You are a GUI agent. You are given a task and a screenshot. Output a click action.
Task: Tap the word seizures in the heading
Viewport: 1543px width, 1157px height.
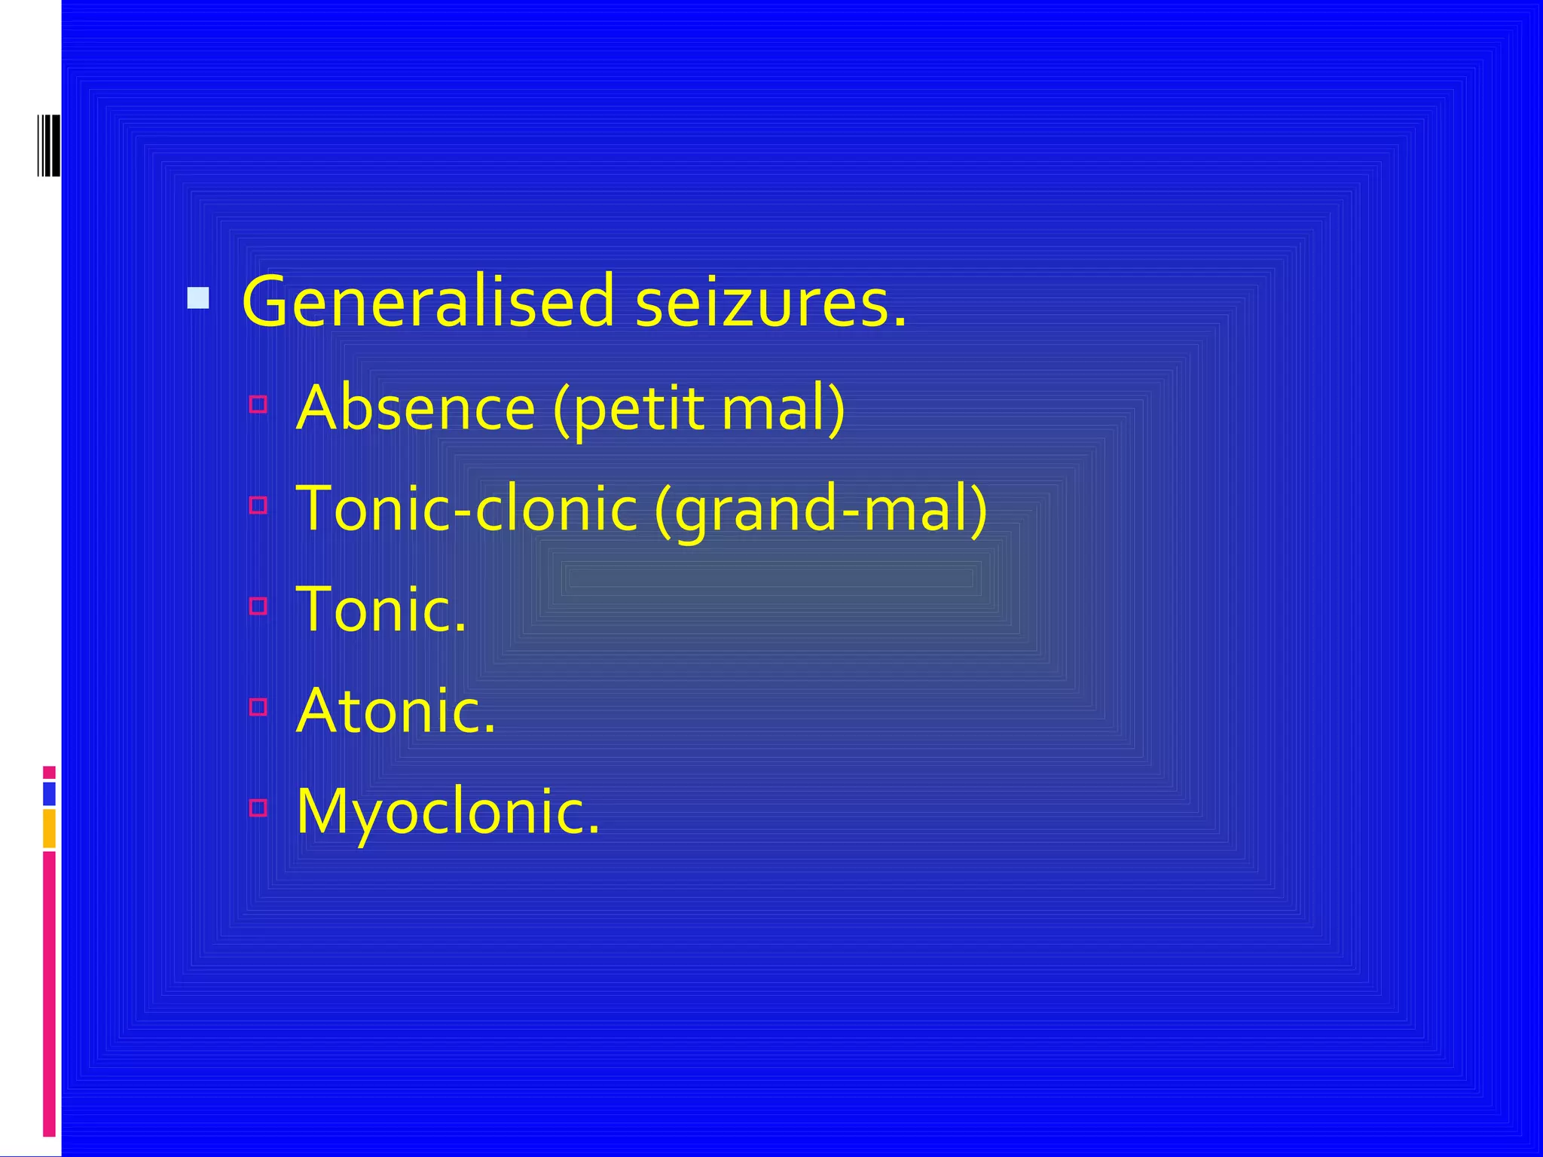[770, 302]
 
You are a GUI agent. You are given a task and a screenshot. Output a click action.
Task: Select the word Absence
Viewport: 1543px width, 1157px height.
[416, 408]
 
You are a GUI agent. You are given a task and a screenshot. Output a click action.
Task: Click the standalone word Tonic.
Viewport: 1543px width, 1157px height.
[381, 609]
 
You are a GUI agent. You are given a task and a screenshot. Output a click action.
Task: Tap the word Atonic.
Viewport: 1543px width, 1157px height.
[396, 710]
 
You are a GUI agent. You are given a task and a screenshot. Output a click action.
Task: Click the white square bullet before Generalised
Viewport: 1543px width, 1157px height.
[198, 298]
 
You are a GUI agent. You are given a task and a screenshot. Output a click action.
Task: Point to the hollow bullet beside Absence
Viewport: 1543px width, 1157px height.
[258, 404]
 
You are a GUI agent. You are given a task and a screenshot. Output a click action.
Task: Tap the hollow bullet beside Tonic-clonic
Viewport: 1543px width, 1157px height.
[258, 505]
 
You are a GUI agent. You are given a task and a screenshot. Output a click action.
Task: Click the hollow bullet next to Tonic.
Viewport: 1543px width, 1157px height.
[258, 606]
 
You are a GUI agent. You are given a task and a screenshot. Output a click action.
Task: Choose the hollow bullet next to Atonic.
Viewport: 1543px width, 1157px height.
[258, 707]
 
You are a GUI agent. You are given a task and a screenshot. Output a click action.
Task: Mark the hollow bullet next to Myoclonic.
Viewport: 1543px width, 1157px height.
[258, 807]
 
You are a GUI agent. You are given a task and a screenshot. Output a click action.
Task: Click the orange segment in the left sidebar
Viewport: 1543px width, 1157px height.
[49, 829]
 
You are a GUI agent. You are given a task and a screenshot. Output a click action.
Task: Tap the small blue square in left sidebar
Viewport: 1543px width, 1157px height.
[49, 794]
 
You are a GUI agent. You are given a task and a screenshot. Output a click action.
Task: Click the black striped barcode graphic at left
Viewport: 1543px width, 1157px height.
[48, 145]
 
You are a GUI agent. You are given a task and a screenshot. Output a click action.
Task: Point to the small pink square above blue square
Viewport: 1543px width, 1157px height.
[49, 772]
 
